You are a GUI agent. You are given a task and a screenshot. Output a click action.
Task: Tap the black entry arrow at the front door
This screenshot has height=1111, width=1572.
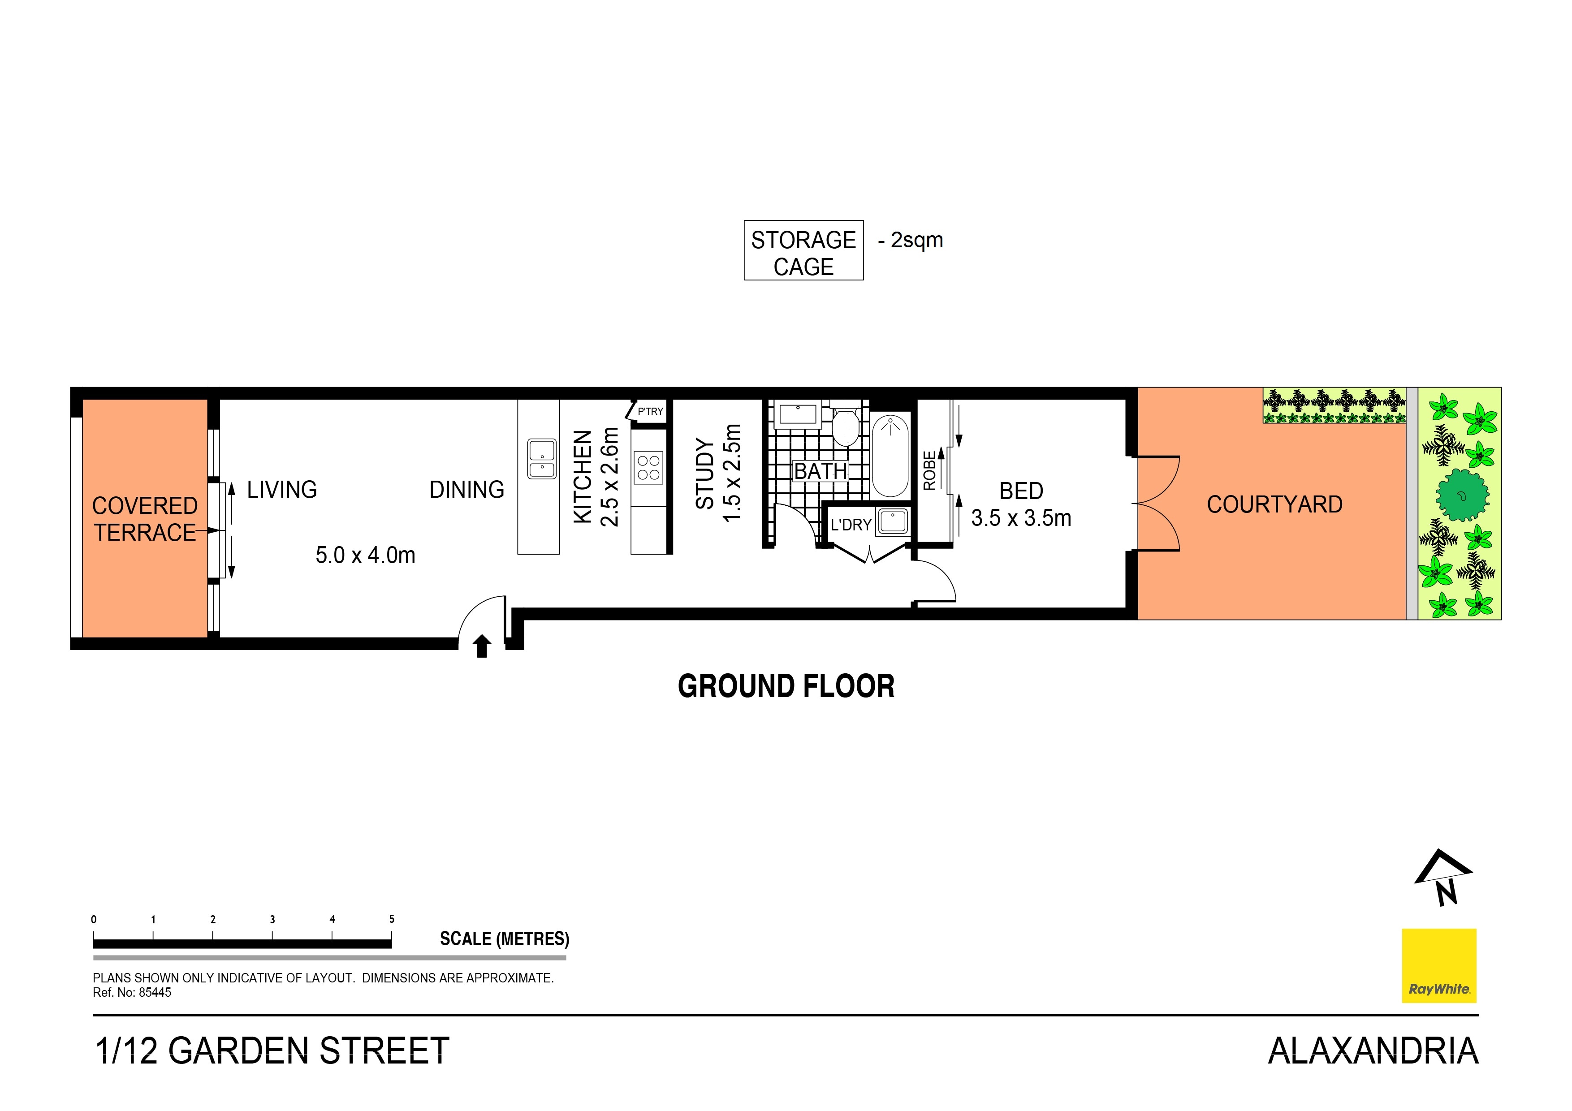point(482,646)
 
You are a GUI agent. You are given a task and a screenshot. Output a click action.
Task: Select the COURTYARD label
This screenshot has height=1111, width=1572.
point(1274,504)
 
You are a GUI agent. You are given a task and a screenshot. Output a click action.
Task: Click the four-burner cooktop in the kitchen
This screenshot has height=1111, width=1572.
point(648,468)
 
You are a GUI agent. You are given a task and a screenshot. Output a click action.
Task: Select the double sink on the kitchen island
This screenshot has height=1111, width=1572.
point(542,459)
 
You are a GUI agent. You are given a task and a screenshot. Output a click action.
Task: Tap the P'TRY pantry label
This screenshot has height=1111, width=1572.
point(650,411)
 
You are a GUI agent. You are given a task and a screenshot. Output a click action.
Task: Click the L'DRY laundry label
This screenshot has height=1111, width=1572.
point(851,525)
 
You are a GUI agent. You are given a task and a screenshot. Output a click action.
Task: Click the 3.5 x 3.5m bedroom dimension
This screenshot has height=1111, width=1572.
point(1021,518)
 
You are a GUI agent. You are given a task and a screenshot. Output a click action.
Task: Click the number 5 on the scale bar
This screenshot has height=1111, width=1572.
point(392,919)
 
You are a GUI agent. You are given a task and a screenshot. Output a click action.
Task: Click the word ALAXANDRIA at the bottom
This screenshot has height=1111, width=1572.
point(1373,1051)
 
